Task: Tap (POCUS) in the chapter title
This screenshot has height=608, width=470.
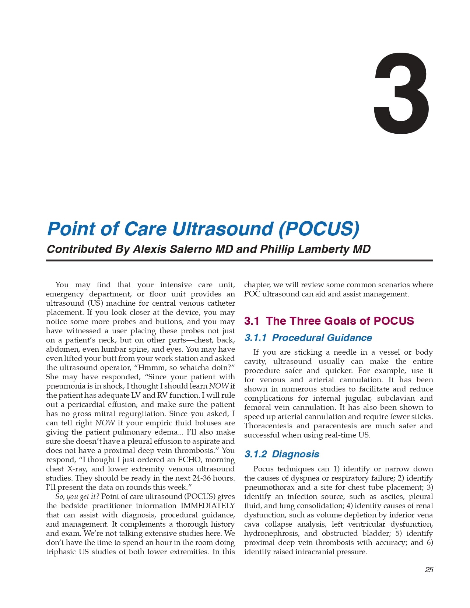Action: pyautogui.click(x=319, y=229)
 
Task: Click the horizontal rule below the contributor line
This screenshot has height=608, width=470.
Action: pyautogui.click(x=239, y=260)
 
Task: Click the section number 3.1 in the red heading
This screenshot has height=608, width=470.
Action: pyautogui.click(x=252, y=321)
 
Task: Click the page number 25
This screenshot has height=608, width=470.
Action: pyautogui.click(x=429, y=570)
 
